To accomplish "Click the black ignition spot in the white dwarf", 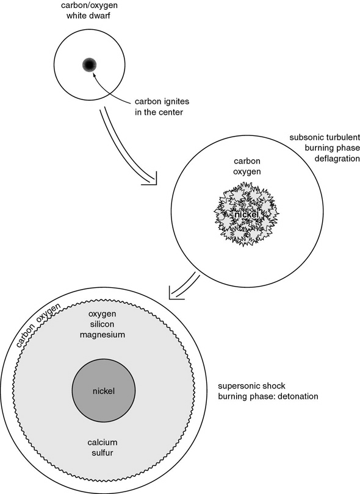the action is click(89, 65).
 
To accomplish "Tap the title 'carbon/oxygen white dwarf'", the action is click(88, 10).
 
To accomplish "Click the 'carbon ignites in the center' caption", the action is click(162, 107).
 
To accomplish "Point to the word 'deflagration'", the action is click(337, 159).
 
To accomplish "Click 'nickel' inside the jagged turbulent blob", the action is click(247, 215).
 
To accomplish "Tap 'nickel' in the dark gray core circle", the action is click(104, 391).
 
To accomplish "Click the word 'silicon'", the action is click(102, 324).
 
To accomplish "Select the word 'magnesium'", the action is click(103, 335).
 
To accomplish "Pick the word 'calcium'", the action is click(103, 442).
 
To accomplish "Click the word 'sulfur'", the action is click(103, 453).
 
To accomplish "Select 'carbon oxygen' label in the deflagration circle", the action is click(247, 166).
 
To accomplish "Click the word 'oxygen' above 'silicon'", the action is click(102, 315).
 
